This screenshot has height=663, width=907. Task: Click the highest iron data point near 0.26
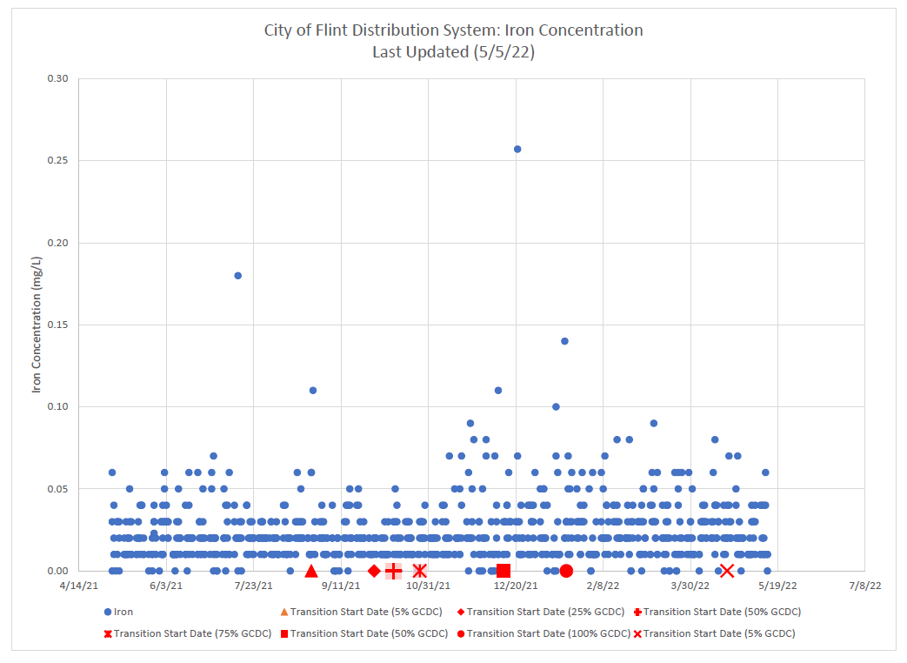[x=517, y=149]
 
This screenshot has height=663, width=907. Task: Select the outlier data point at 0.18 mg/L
[x=237, y=275]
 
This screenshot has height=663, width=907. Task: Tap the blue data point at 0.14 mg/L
[x=564, y=341]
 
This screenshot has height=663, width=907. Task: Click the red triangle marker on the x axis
[x=311, y=571]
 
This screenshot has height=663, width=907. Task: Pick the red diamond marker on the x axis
[x=374, y=571]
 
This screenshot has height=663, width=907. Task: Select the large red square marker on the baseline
[x=504, y=571]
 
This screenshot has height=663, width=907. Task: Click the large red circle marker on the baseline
[x=566, y=571]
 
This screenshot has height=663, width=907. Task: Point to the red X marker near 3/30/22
[x=727, y=571]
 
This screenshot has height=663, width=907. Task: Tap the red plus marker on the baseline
[x=393, y=571]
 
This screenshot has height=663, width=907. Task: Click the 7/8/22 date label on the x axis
[x=866, y=586]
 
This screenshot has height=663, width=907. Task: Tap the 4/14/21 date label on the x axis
[x=79, y=586]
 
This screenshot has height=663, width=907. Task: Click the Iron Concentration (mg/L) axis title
[x=37, y=325]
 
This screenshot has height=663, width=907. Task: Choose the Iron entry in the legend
[x=118, y=612]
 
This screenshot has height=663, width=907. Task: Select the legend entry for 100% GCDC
[x=543, y=633]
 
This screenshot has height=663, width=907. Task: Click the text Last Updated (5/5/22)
[x=453, y=52]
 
